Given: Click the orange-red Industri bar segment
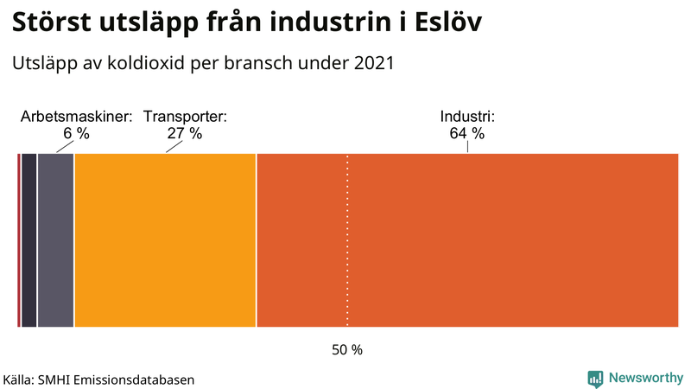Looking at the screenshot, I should pos(467,240).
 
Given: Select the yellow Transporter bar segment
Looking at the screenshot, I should pos(165,240).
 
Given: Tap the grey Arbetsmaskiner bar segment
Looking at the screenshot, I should pos(55,240).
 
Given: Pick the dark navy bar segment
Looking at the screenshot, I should pos(29,240).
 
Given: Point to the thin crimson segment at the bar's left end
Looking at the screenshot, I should pos(18,240).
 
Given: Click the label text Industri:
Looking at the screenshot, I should pos(466,117).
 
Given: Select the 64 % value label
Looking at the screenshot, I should pos(466,134).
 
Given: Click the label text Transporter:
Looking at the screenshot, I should pos(185,117).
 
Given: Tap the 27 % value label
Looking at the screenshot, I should pos(185,134).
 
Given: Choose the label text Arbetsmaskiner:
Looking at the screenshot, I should pos(76,117).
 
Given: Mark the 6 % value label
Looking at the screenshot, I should pos(76,134).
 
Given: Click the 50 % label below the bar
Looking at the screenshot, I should pos(347,350).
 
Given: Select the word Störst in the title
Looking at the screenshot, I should pos(55,23).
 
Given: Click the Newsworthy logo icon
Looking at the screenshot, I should pos(595,378).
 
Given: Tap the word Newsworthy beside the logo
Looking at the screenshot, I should pos(646,378).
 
